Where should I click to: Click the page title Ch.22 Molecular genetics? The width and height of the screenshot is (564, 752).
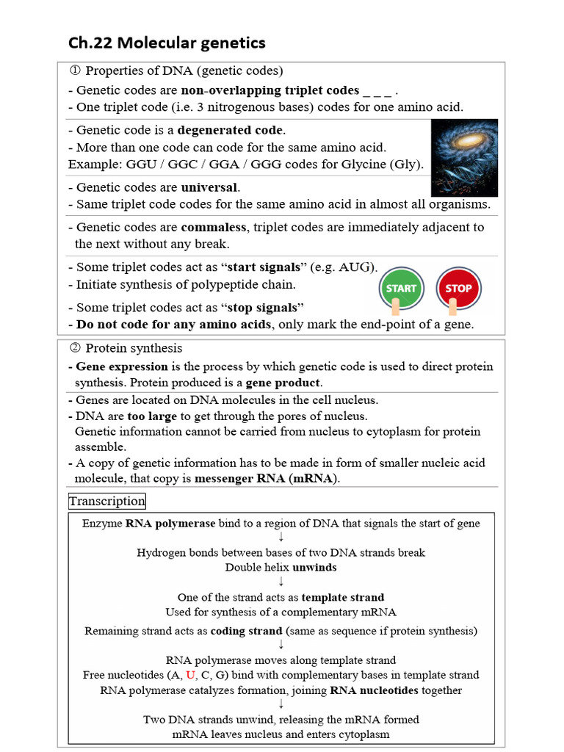(167, 43)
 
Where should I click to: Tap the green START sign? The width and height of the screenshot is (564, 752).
(401, 289)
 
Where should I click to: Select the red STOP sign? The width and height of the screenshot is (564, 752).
(458, 289)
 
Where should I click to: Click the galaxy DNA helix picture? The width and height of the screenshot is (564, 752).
(464, 157)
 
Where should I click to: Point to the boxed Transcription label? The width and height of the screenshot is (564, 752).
(107, 502)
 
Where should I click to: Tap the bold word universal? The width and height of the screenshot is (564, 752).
(210, 187)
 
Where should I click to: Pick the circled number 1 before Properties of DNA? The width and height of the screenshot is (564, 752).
(74, 71)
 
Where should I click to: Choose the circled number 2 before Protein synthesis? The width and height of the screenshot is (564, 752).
(74, 348)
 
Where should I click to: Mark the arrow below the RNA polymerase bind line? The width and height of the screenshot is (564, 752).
(281, 538)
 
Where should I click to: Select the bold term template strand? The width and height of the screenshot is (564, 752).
(344, 598)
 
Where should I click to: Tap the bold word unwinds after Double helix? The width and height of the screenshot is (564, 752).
(314, 567)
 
